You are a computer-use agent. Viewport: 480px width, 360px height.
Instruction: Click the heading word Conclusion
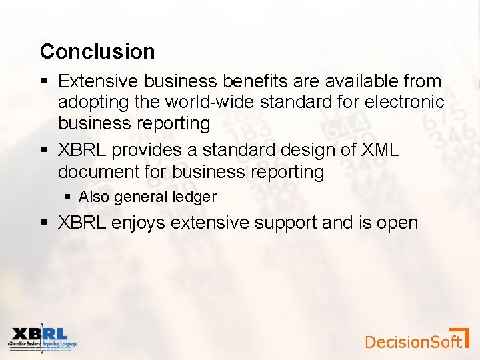[x=97, y=51]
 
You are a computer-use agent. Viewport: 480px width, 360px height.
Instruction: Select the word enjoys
[x=138, y=223]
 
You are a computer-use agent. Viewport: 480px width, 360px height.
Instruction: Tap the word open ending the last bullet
[x=398, y=223]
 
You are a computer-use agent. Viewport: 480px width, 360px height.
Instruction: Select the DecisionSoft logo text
[x=413, y=342]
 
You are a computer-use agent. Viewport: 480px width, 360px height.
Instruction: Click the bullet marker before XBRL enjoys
[x=45, y=223]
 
